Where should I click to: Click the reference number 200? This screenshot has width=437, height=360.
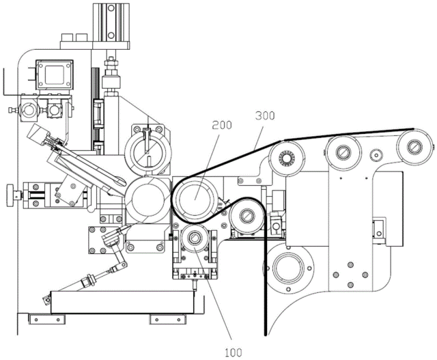tap(222, 125)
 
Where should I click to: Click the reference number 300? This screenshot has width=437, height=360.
tap(265, 115)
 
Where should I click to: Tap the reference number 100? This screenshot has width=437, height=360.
tap(234, 352)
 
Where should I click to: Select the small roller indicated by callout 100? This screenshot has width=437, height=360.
tap(194, 238)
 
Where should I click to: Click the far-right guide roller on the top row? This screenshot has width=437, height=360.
tap(413, 146)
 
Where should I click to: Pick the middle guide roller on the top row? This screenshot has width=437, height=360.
tap(343, 152)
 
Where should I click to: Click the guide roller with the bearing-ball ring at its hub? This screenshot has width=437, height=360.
tap(287, 159)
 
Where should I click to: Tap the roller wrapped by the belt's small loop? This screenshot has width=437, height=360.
tap(246, 216)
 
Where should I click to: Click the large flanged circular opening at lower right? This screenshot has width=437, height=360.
tap(288, 268)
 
